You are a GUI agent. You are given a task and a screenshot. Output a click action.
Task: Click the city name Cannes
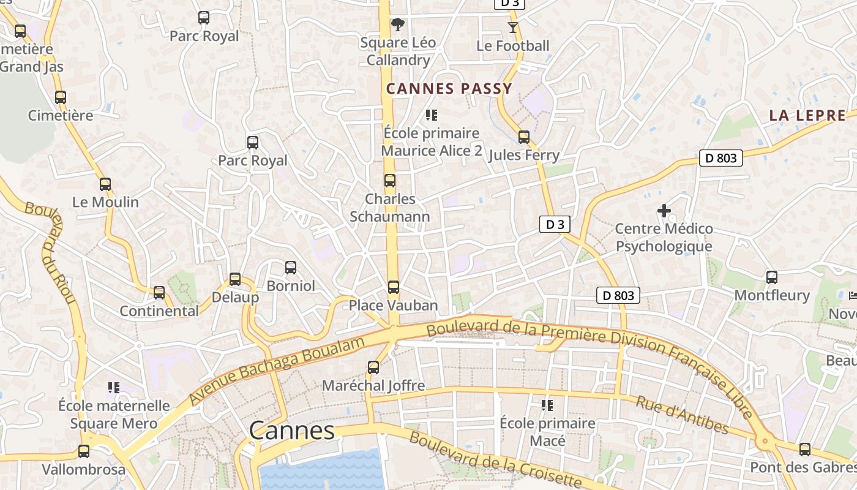(x=292, y=431)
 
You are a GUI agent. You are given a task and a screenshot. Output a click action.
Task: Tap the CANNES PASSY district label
(x=449, y=89)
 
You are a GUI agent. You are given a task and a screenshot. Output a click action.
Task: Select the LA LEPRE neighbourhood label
(x=807, y=115)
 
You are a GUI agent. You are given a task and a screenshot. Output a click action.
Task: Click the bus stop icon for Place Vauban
(x=394, y=287)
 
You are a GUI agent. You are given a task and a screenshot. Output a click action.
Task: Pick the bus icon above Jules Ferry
(x=524, y=137)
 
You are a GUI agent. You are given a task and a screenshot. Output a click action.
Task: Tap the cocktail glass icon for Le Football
(x=512, y=28)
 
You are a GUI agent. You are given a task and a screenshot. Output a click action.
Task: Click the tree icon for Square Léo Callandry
(x=398, y=24)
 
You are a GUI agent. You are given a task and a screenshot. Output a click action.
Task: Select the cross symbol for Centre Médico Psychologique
(x=664, y=211)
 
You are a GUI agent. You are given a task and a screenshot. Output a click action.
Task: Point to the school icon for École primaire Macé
(x=547, y=405)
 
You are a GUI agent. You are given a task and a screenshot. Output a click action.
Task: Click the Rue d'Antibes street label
(x=682, y=415)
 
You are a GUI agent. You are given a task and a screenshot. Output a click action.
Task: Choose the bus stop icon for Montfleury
(x=772, y=277)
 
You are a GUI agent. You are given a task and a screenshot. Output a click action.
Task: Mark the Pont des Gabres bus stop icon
(x=805, y=449)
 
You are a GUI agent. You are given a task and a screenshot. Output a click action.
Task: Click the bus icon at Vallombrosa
(x=84, y=451)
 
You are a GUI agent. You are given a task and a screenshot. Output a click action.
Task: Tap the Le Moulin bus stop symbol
(x=105, y=184)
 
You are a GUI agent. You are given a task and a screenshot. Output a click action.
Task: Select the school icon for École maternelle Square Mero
(x=113, y=387)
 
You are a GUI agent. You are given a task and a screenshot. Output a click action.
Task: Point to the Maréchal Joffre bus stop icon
(x=373, y=367)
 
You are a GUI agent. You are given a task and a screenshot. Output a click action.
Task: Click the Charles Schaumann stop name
(x=389, y=208)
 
